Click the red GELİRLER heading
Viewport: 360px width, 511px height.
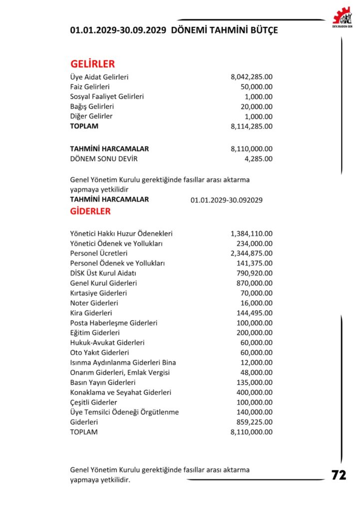tap(93, 64)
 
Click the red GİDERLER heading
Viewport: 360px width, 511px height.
tap(90, 211)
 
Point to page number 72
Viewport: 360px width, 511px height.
tap(339, 475)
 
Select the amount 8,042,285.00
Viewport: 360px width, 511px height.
tap(252, 77)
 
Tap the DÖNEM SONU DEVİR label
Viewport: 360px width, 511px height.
tap(103, 159)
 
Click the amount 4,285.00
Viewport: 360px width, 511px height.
tap(259, 159)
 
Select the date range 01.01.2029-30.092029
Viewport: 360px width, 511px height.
tap(227, 200)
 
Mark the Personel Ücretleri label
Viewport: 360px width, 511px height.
tap(99, 253)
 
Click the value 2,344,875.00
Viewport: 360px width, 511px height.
tap(252, 253)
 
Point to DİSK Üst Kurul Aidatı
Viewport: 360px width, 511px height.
tap(103, 273)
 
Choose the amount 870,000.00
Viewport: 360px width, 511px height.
tap(255, 283)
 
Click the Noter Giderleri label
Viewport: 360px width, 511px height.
tap(94, 303)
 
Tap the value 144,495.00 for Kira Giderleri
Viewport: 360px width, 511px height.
tap(255, 313)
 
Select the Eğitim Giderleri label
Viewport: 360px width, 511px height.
tap(95, 332)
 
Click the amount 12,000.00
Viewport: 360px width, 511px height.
tap(257, 362)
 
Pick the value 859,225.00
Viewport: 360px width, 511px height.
tap(255, 422)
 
